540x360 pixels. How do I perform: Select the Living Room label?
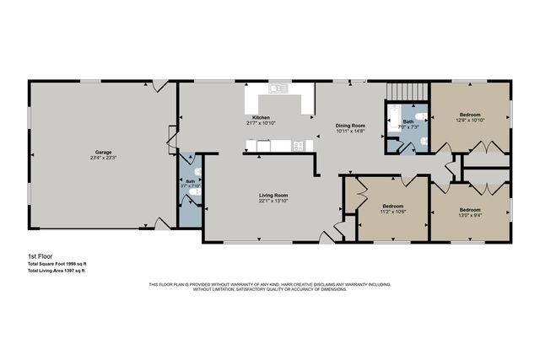[x=273, y=195]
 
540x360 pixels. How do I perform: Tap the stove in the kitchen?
[x=298, y=145]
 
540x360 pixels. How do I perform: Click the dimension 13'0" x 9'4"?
[x=470, y=214]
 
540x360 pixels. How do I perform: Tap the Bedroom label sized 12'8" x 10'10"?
[x=470, y=114]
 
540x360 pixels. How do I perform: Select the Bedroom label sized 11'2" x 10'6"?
[x=392, y=206]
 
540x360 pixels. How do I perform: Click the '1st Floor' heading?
[x=39, y=255]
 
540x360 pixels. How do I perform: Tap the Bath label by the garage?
[x=191, y=181]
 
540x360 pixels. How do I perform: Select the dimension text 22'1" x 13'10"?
[x=273, y=201]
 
